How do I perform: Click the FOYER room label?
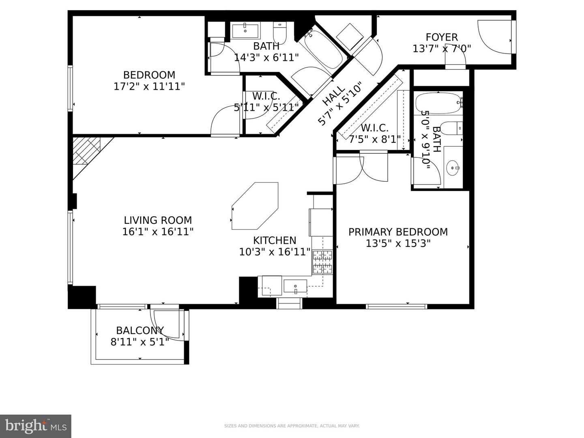(442, 37)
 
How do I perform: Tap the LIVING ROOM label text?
(158, 220)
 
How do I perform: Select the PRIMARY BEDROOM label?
(398, 232)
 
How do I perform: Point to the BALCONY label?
(140, 330)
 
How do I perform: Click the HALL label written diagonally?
(334, 95)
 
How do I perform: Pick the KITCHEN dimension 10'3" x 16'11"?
(275, 252)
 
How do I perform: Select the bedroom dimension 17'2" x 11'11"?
(149, 86)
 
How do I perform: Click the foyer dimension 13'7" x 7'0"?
(442, 49)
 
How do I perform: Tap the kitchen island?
(255, 206)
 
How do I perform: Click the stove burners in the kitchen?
(322, 262)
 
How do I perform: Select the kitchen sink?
(295, 286)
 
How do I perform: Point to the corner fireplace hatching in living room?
(86, 150)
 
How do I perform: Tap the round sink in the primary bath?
(452, 167)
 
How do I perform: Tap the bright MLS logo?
(35, 426)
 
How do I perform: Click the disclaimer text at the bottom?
(292, 426)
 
